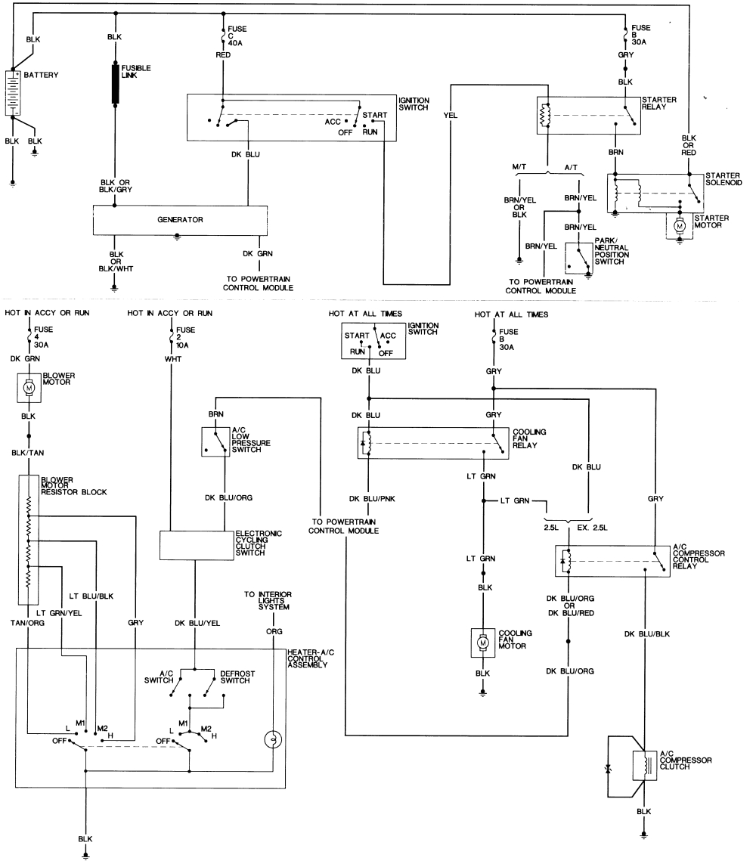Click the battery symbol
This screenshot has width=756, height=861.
tap(13, 92)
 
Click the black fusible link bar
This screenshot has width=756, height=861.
tap(116, 83)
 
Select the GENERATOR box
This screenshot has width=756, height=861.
tap(180, 219)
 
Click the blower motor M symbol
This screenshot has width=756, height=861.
tap(29, 388)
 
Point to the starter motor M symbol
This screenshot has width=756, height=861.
tap(679, 225)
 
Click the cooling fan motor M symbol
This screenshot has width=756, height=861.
tap(482, 641)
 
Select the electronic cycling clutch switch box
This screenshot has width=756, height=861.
tap(197, 544)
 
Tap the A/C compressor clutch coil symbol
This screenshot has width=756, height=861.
tap(644, 766)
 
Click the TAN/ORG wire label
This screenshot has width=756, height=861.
tap(29, 624)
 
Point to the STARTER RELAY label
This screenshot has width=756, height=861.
tap(658, 104)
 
